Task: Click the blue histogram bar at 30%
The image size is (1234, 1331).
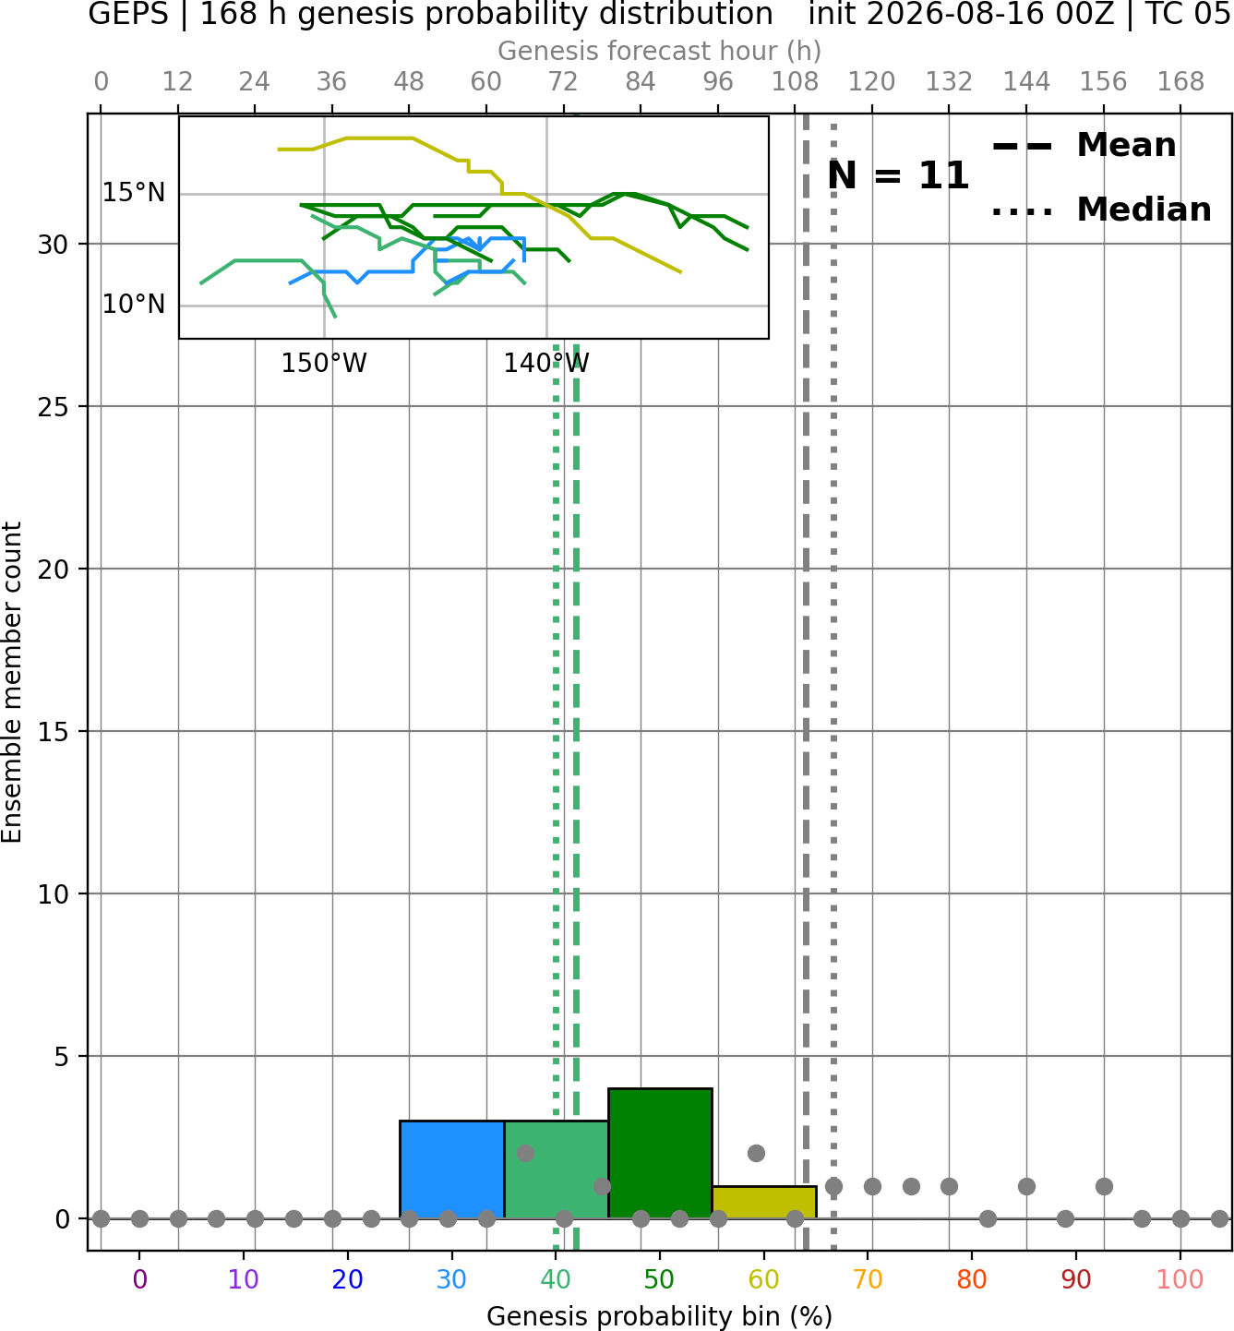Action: (451, 1169)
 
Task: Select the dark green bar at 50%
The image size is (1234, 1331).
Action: (660, 1154)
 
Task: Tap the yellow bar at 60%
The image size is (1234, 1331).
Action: (764, 1203)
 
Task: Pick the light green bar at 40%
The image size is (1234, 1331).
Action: (557, 1169)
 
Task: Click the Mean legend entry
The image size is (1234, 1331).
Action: (1084, 146)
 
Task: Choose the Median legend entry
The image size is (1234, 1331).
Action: (1101, 210)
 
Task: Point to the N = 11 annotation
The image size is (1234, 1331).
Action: (898, 175)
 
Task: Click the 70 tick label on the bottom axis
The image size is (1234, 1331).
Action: (868, 1280)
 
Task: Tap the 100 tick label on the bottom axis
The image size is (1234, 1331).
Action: (1180, 1280)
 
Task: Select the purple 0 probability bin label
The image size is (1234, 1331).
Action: (139, 1280)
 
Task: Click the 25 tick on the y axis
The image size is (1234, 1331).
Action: (54, 407)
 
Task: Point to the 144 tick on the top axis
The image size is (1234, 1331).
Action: (1026, 82)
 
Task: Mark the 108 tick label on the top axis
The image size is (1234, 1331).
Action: (795, 82)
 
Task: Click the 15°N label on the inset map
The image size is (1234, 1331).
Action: (134, 193)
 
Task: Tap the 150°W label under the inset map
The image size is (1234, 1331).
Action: (324, 364)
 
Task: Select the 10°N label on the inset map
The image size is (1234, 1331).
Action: (134, 305)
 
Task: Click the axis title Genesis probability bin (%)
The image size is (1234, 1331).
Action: (660, 1316)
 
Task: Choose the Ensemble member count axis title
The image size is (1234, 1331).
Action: (12, 682)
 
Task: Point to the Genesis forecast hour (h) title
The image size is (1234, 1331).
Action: (660, 51)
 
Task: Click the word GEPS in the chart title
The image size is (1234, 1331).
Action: (128, 14)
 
